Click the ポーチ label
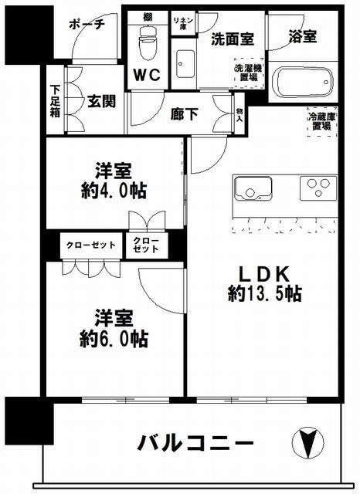pos(86,24)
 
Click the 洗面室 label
pos(229,38)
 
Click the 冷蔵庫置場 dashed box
pos(321,122)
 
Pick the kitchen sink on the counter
pos(252,187)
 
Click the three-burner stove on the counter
pos(318,187)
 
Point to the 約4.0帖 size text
pos(112,191)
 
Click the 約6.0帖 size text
pos(112,339)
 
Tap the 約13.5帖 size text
pos(265,293)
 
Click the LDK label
pos(263,273)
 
